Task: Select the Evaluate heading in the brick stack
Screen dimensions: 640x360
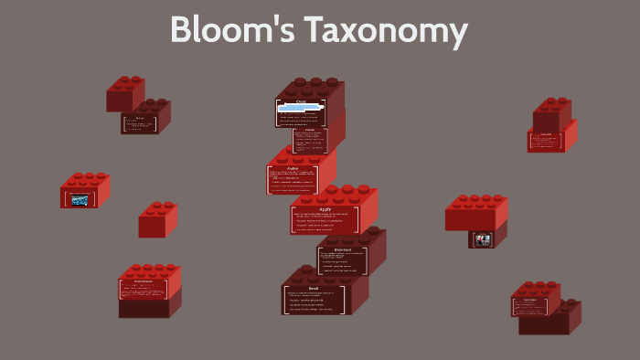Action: pos(310,130)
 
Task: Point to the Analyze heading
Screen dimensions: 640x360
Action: pos(293,168)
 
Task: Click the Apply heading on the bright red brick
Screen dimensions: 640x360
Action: pos(325,208)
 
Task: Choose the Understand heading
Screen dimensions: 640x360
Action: pos(342,249)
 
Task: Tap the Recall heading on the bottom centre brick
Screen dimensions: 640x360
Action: pos(313,289)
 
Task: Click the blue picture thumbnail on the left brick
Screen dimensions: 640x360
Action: pos(80,200)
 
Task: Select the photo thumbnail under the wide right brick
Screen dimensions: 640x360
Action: pos(482,239)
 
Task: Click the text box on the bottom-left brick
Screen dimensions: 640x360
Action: pos(143,289)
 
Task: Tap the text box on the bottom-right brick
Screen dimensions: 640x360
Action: pos(529,305)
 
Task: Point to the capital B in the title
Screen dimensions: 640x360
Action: pos(182,31)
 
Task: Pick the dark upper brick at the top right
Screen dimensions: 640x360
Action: pos(552,113)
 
